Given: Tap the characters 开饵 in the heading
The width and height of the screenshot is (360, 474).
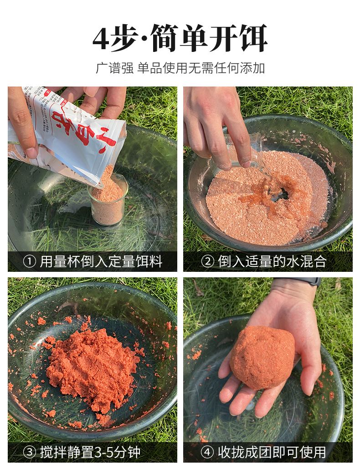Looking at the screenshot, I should coord(240,39).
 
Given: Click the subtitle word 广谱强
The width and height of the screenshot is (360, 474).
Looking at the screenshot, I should coord(114,68).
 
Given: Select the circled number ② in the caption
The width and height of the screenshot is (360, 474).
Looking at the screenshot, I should coord(208,261).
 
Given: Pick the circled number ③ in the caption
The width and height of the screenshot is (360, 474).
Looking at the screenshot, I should coord(29,452).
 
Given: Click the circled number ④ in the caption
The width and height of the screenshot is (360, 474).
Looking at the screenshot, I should coord(208,452).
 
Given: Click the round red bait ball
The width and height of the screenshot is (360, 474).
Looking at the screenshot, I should coord(262,357).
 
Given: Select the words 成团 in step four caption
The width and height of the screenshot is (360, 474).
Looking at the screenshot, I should coord(264,452).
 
